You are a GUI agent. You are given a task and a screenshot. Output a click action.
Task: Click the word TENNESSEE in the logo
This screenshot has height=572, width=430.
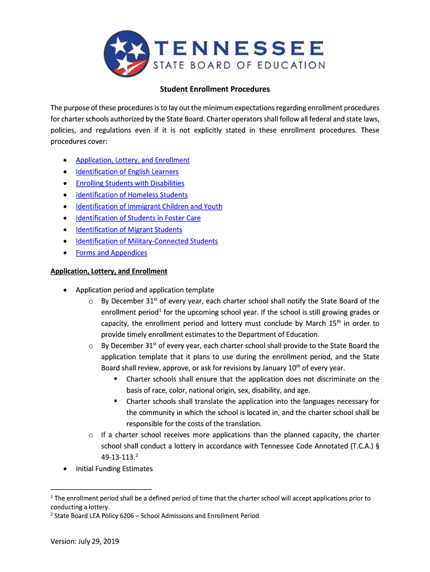(238, 47)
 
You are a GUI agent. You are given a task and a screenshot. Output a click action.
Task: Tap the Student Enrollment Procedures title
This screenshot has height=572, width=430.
(215, 89)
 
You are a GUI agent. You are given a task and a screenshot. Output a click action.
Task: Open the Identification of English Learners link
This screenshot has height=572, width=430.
(127, 171)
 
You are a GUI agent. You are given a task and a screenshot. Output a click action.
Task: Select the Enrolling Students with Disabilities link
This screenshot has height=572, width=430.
(130, 183)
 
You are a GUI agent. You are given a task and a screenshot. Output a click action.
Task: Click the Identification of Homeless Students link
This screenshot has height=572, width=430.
(132, 195)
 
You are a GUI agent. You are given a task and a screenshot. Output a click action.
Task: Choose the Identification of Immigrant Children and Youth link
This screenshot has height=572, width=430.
(149, 207)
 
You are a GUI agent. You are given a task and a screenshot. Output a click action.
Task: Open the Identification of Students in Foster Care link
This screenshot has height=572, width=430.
(138, 218)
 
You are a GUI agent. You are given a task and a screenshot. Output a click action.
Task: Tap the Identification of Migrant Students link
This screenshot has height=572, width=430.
(129, 230)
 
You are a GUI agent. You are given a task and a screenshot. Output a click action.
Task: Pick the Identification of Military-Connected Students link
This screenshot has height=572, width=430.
(147, 241)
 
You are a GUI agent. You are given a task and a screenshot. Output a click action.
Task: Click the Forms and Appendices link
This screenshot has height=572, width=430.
(112, 253)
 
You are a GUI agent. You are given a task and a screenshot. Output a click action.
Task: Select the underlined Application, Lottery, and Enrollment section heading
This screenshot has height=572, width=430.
(109, 271)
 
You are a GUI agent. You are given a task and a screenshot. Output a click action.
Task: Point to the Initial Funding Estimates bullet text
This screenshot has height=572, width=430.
(114, 469)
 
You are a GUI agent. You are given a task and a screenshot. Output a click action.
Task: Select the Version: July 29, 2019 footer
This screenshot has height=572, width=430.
(85, 541)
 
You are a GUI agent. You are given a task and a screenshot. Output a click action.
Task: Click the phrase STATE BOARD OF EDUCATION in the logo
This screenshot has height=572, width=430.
(238, 65)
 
